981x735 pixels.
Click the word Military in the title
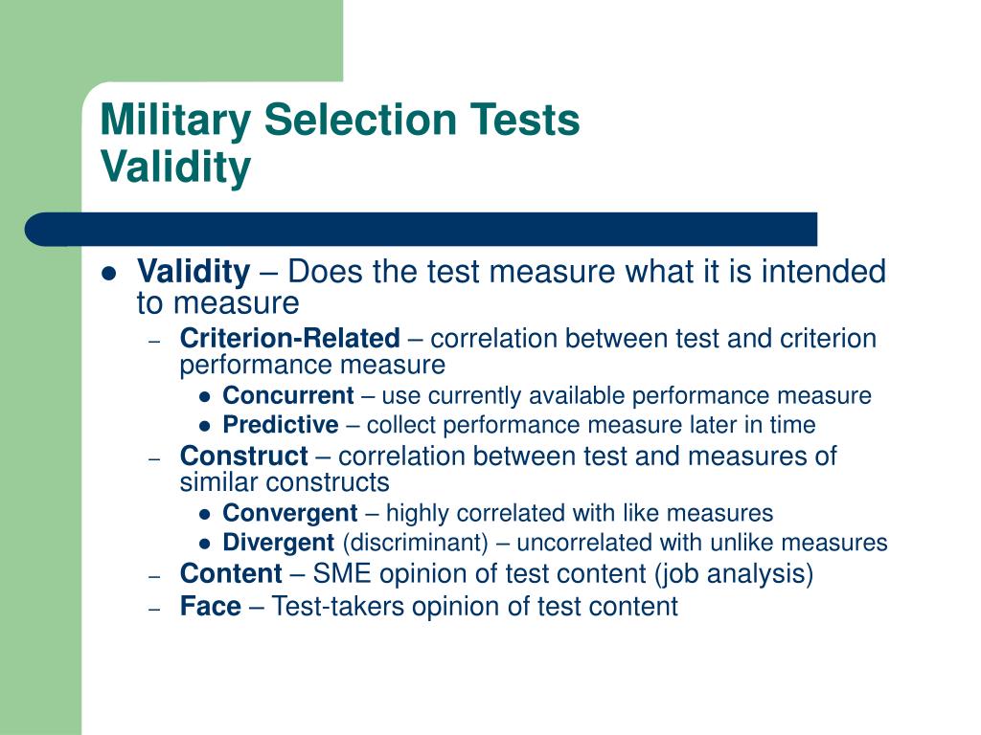click(176, 122)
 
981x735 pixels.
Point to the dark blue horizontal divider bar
click(422, 229)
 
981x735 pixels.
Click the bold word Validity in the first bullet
click(193, 273)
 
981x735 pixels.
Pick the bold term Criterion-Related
click(289, 338)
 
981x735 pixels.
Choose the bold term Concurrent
click(288, 396)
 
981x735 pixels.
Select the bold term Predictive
click(281, 425)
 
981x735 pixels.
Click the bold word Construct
click(244, 457)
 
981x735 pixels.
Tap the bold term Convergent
click(290, 514)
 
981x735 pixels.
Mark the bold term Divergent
click(278, 544)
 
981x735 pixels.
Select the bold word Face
click(211, 606)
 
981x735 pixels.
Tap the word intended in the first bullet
click(823, 273)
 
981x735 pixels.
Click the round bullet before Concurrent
click(204, 397)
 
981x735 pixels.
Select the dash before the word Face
click(155, 607)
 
